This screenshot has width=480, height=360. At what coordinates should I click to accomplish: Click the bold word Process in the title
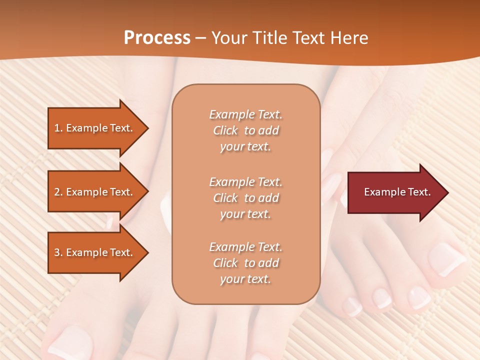click(157, 38)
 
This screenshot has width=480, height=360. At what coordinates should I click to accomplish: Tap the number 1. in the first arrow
click(58, 128)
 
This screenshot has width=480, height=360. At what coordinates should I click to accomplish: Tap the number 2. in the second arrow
click(58, 192)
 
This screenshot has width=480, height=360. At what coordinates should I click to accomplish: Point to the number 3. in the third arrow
click(58, 252)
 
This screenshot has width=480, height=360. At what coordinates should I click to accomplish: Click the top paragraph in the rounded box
click(245, 130)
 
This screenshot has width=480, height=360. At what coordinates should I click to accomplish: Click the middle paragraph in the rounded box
click(245, 198)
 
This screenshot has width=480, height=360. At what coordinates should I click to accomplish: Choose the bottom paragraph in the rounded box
click(245, 263)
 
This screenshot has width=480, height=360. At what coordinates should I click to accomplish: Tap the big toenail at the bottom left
click(70, 342)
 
